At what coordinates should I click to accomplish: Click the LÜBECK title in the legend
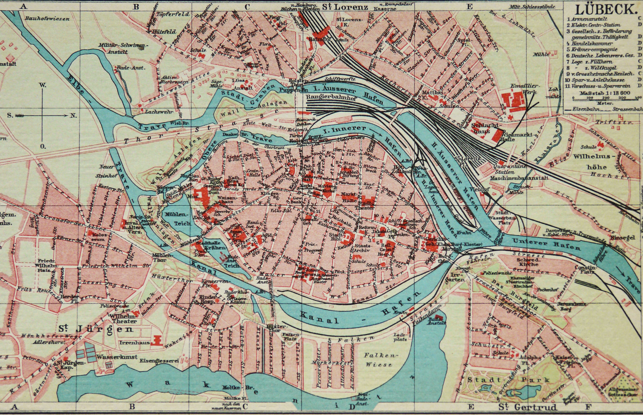(606, 10)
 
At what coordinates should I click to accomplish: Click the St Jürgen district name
(96, 329)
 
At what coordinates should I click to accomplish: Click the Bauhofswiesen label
(47, 19)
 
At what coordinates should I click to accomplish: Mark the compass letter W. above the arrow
(43, 85)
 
